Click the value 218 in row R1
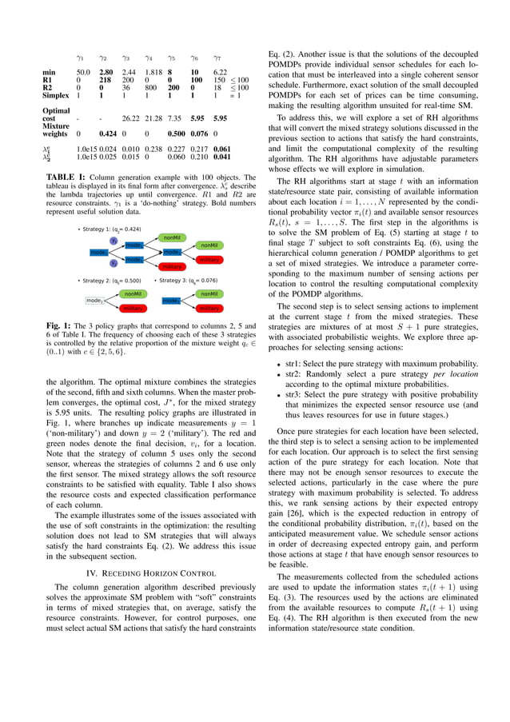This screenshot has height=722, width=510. tap(105, 80)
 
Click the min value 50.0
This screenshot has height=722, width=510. tap(82, 73)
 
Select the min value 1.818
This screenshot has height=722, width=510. tap(153, 73)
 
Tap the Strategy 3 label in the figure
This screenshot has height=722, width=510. tap(187, 281)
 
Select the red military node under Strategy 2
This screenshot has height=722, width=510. tap(133, 308)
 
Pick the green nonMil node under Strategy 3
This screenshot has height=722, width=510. tap(209, 293)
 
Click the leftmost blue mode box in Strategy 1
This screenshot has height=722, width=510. tap(99, 252)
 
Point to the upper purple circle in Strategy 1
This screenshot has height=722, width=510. tap(114, 241)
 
